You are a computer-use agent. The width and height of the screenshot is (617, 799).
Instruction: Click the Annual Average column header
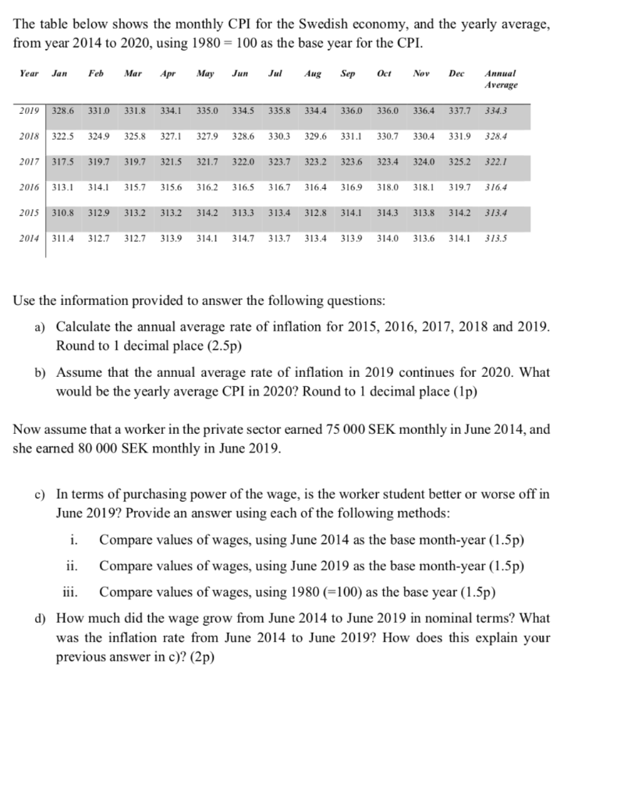click(500, 78)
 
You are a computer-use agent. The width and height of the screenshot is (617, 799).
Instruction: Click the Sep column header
click(348, 73)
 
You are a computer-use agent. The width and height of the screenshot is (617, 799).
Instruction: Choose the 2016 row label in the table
click(30, 188)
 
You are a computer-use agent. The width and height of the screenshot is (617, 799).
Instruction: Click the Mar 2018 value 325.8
click(135, 137)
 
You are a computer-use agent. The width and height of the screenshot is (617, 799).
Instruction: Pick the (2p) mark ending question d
click(197, 657)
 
